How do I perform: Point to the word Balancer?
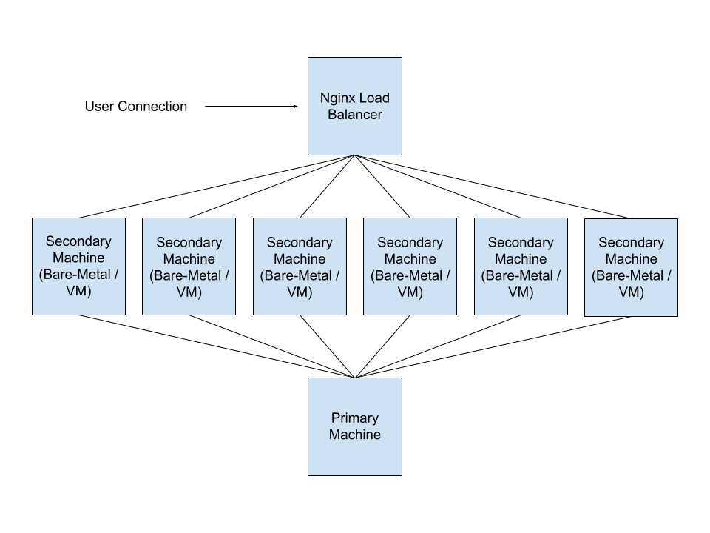(355, 115)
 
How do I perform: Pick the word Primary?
(355, 418)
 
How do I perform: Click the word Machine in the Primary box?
(355, 435)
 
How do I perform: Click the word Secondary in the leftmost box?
(78, 241)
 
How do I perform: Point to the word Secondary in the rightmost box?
(631, 243)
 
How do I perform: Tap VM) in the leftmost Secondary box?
(78, 291)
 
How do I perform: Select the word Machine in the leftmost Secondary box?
(78, 258)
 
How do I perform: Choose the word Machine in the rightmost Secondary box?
(631, 259)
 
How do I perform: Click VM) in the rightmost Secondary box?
(631, 292)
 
